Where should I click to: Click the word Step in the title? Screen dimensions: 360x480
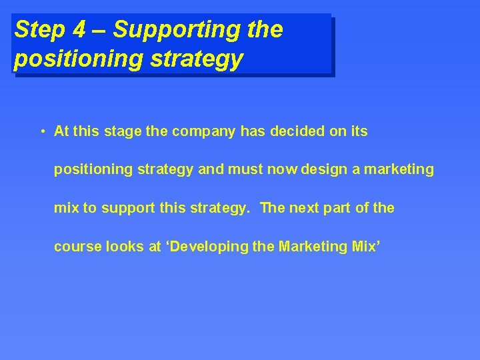click(x=38, y=30)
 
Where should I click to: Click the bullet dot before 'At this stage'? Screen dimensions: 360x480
click(x=41, y=131)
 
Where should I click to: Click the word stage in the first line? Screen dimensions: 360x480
click(x=123, y=131)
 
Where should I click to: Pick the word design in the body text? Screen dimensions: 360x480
click(x=323, y=169)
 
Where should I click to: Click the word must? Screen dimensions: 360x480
click(x=246, y=169)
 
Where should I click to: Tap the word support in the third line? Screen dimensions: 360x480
click(x=121, y=208)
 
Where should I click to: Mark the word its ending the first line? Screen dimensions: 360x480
click(x=359, y=131)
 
